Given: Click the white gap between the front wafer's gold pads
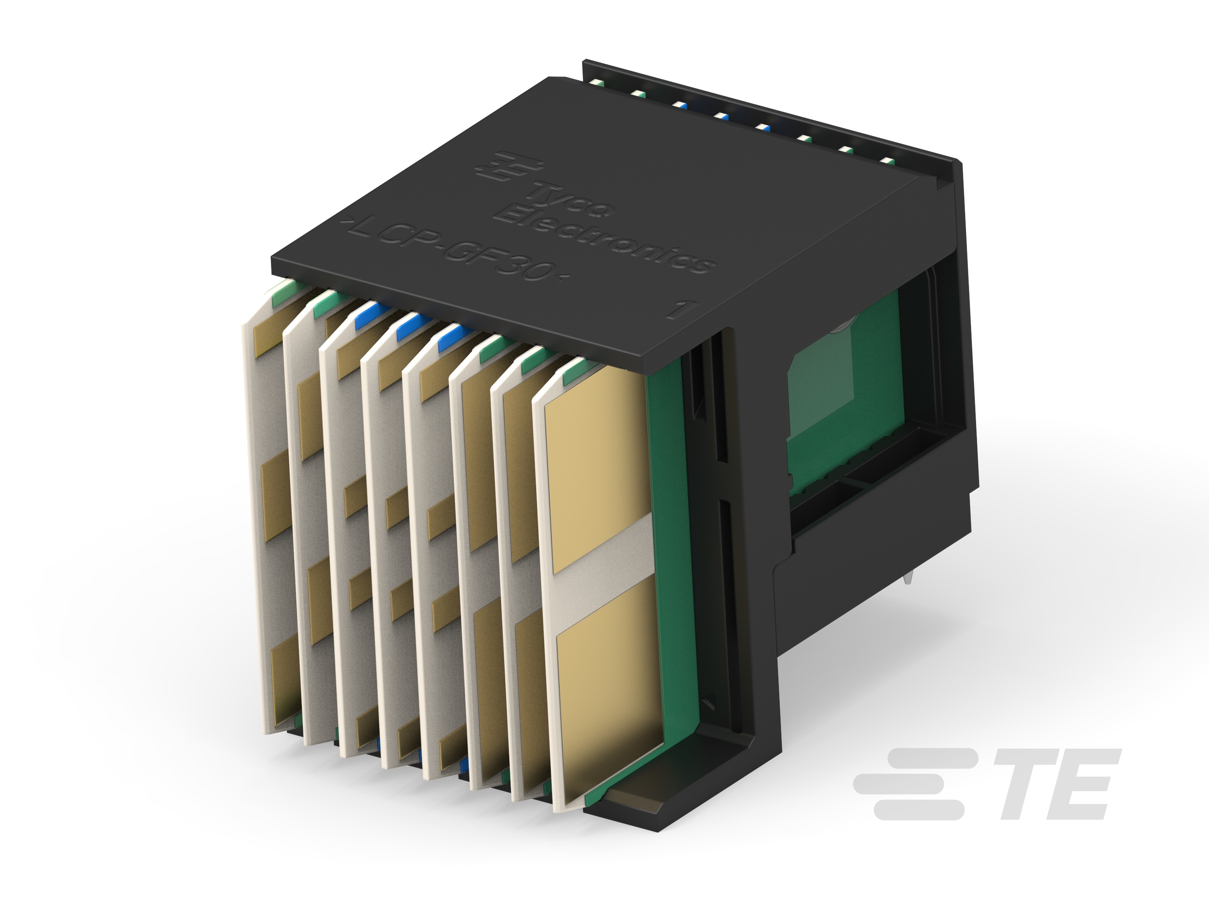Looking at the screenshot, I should (601, 574).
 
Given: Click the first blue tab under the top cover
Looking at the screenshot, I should (372, 317).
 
